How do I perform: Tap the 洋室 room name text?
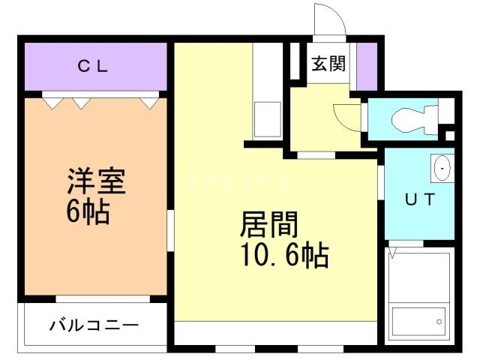pos(95,182)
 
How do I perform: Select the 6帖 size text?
pos(88,213)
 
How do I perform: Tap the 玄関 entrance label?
pos(328,64)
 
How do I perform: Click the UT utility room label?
pos(420,200)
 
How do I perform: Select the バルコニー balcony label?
pos(94,326)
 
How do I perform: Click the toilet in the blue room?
pos(409,118)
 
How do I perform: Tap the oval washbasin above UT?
pos(442,169)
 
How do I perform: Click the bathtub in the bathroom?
pos(418,322)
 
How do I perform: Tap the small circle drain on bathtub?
pos(439,322)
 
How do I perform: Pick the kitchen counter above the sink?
pos(266,71)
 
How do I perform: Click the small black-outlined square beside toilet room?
pos(450,135)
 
